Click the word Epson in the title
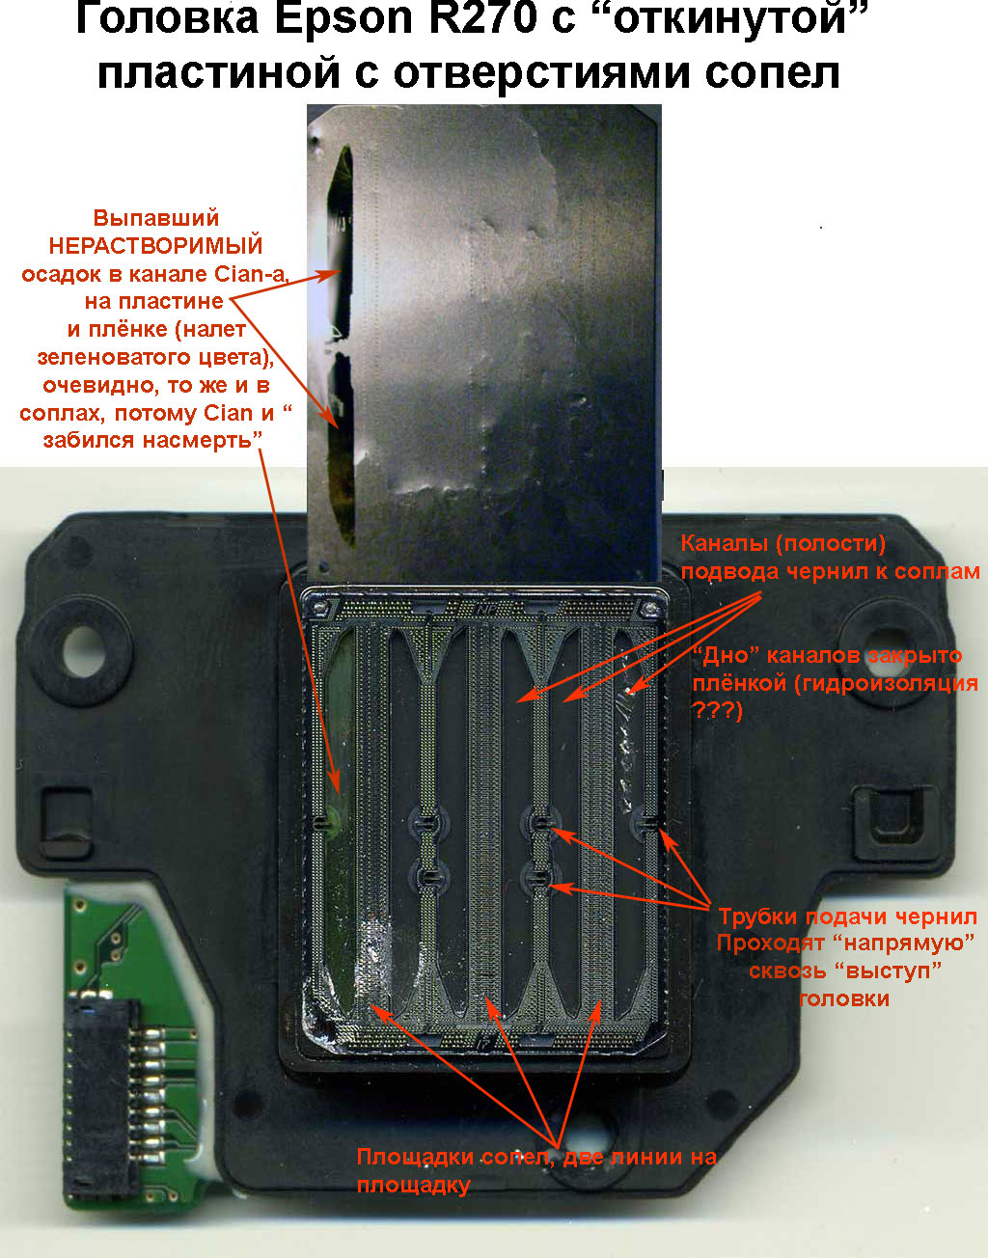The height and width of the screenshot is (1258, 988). pyautogui.click(x=343, y=21)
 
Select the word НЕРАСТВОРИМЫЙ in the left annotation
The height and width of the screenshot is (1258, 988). pyautogui.click(x=155, y=246)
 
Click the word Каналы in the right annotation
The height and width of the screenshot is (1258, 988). pyautogui.click(x=723, y=543)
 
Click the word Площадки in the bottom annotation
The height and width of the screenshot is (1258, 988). pyautogui.click(x=415, y=1158)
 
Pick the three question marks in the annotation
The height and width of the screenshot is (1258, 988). pyautogui.click(x=717, y=710)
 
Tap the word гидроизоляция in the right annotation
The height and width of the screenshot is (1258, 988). pyautogui.click(x=885, y=684)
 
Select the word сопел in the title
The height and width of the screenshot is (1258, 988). pyautogui.click(x=772, y=73)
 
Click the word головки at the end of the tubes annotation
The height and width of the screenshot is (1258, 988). pyautogui.click(x=844, y=998)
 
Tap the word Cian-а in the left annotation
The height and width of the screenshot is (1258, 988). pyautogui.click(x=251, y=274)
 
